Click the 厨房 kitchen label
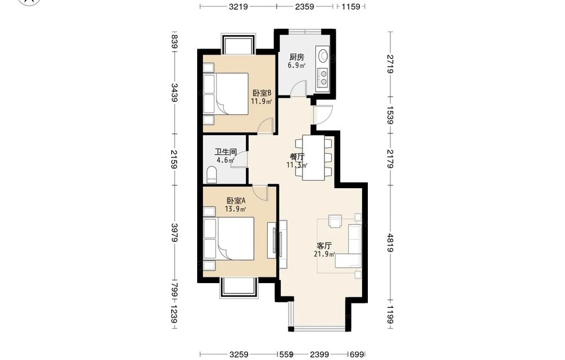(x=297, y=57)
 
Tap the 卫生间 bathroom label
(x=225, y=151)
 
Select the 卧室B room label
(x=262, y=93)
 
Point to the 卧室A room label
(x=236, y=201)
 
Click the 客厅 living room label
(x=324, y=246)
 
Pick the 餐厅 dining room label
(x=297, y=157)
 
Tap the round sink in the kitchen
(x=323, y=55)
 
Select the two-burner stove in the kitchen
(x=323, y=78)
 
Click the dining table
(x=313, y=158)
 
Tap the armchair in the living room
(x=335, y=222)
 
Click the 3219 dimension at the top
(x=238, y=6)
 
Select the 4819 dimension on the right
(x=390, y=242)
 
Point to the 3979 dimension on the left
(x=175, y=232)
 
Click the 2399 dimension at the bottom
(x=319, y=354)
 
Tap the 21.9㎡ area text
(x=325, y=254)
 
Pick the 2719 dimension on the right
(x=390, y=64)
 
